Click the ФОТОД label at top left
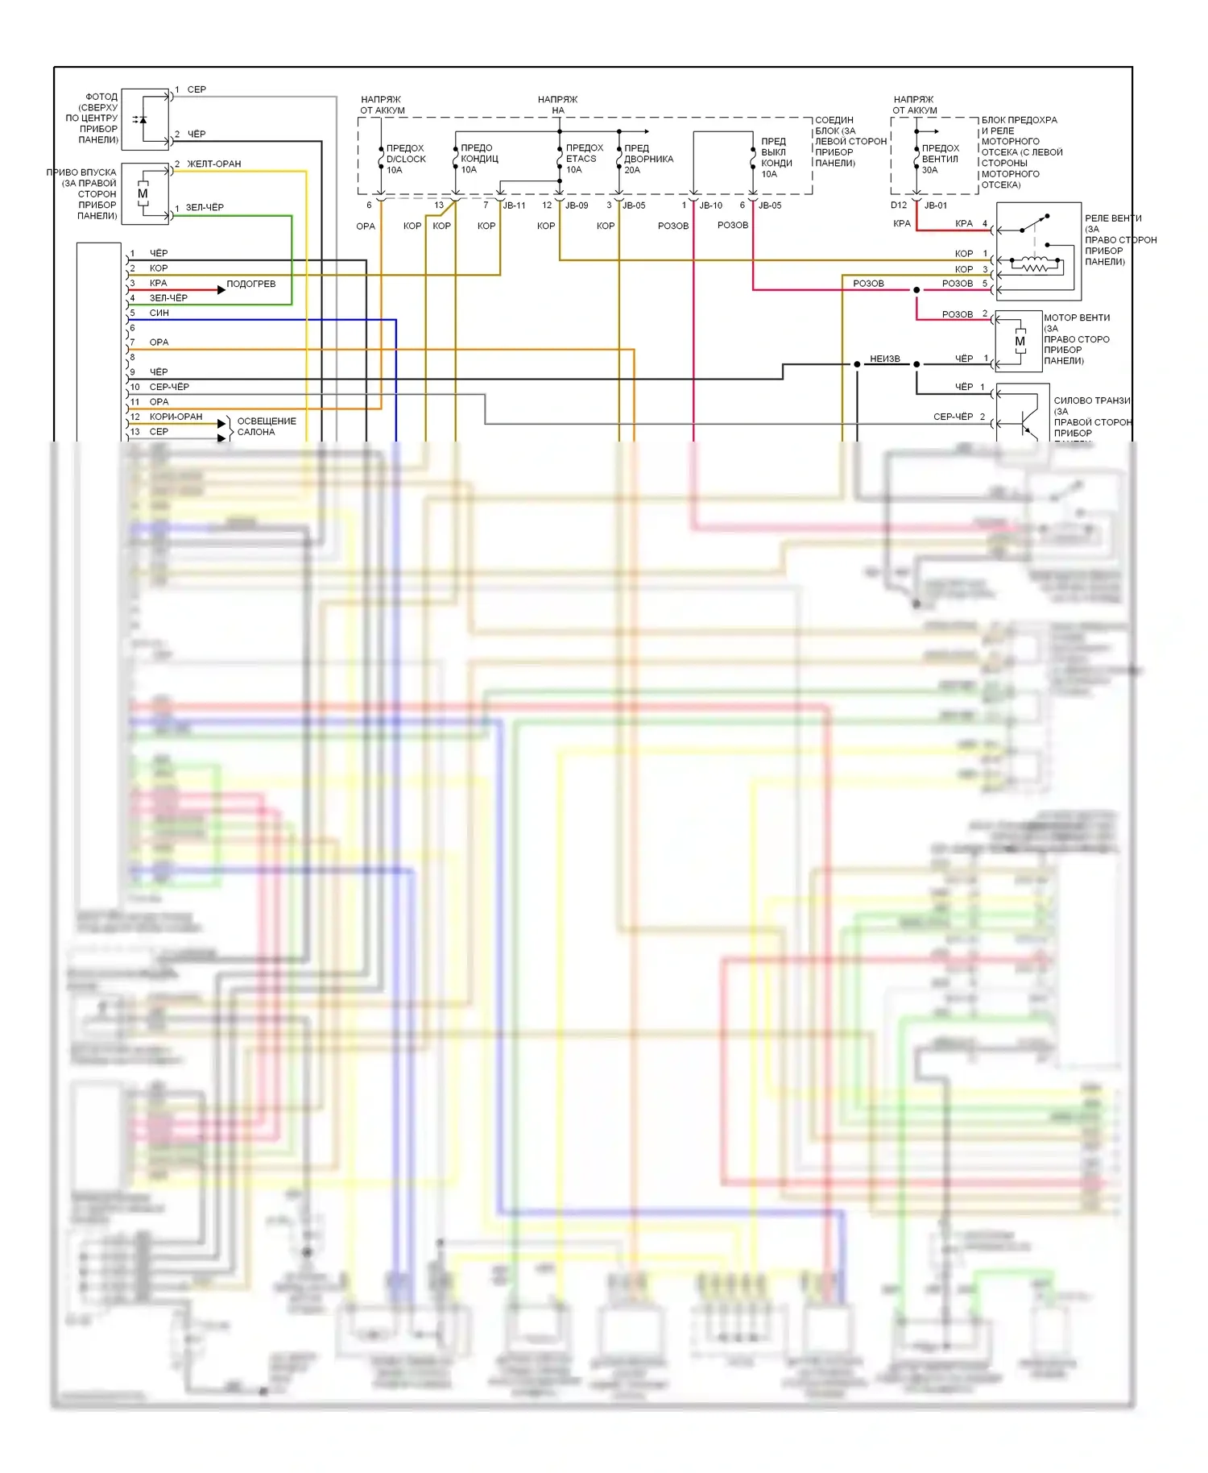(x=101, y=97)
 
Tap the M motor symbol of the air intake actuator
(x=143, y=193)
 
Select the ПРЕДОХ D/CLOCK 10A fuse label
(x=405, y=159)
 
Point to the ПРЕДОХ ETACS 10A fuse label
(x=584, y=159)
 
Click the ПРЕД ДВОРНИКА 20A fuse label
(x=636, y=159)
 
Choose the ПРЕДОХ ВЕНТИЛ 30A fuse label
(x=940, y=159)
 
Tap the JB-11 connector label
(x=514, y=205)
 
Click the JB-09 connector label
(x=577, y=205)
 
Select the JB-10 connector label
(x=710, y=205)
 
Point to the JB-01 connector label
(x=936, y=205)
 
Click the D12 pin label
(x=899, y=205)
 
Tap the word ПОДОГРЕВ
(x=250, y=284)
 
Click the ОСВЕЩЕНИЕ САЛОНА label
(x=266, y=426)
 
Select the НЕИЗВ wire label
(x=884, y=359)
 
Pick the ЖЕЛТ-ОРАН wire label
(x=213, y=164)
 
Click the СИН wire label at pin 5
(x=159, y=313)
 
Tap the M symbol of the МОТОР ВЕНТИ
(x=1020, y=342)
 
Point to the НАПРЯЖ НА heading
(x=557, y=105)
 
